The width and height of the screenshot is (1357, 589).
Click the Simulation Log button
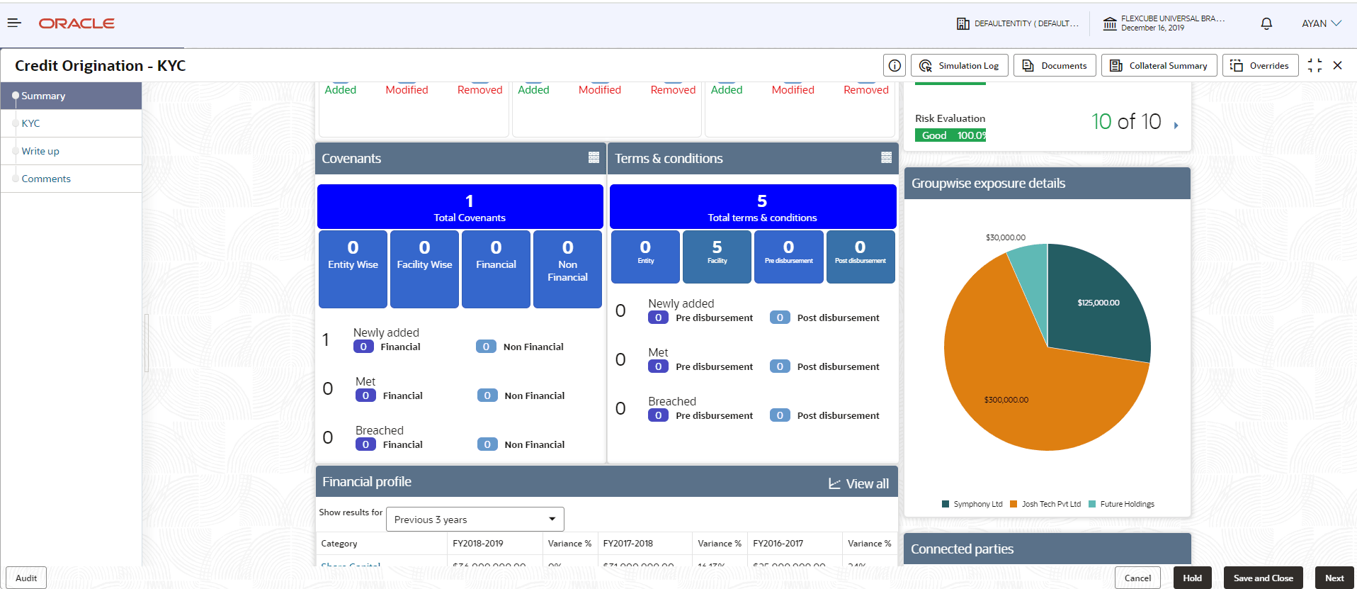[959, 66]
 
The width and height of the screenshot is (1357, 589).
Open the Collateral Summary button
[1159, 66]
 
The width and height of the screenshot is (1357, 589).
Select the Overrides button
[1260, 66]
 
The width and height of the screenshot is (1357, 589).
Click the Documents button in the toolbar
[1055, 66]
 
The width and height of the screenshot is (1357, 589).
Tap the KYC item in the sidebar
[30, 123]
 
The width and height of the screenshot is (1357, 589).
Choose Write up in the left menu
[40, 151]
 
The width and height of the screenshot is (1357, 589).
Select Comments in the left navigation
[46, 179]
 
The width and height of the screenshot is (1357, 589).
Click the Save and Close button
[1263, 578]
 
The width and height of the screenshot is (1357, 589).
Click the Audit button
[26, 578]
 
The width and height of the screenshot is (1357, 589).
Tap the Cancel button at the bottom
[1137, 578]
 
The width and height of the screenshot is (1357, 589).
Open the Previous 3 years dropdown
[475, 520]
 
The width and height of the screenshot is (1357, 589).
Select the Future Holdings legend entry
[1126, 504]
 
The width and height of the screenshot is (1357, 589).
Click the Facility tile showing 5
[717, 256]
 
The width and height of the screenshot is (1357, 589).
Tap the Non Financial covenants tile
[567, 269]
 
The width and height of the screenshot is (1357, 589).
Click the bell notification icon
[1266, 23]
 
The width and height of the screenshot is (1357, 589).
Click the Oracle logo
[76, 23]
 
